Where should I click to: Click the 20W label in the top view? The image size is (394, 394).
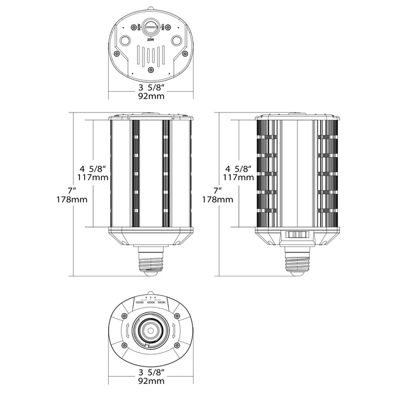coord(150,41)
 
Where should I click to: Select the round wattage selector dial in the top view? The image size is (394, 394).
coord(150,26)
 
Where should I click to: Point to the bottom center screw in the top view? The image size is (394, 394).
coord(150,70)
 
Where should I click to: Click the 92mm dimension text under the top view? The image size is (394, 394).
coord(150,96)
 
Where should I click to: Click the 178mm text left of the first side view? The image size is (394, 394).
coord(70,200)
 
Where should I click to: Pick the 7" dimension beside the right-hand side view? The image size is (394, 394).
coord(216,190)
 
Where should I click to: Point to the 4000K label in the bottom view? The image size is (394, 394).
coord(151,303)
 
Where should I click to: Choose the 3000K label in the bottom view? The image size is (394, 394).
coord(162,303)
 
